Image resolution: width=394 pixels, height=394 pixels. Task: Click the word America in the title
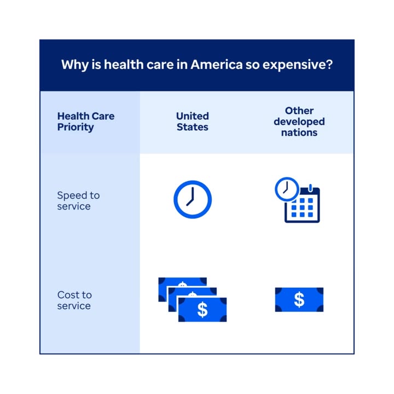[x=217, y=65]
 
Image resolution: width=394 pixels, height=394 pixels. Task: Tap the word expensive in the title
[x=294, y=65]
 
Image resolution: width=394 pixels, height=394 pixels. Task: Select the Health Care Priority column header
[x=86, y=121]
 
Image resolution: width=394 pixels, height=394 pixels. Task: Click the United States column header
[x=193, y=121]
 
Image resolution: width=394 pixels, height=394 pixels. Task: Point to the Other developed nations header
[x=299, y=121]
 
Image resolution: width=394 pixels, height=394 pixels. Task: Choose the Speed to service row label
[x=78, y=201]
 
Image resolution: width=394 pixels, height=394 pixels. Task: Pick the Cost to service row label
[x=74, y=300]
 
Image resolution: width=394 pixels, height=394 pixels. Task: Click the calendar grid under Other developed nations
[x=302, y=207]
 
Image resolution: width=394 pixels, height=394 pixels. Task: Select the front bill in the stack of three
[x=202, y=310]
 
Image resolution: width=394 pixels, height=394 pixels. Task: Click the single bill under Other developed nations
[x=299, y=300]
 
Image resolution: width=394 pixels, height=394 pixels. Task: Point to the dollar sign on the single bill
[x=299, y=300]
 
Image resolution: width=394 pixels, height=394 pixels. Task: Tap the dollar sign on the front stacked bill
[x=202, y=310]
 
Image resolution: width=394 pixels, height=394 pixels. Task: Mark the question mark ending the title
[x=330, y=65]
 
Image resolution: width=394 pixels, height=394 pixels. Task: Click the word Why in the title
[x=75, y=65]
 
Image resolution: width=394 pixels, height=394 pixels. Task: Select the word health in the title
[x=124, y=65]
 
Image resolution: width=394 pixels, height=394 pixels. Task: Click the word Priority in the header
[x=76, y=128]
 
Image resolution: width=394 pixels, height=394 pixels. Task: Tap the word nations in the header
[x=299, y=132]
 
